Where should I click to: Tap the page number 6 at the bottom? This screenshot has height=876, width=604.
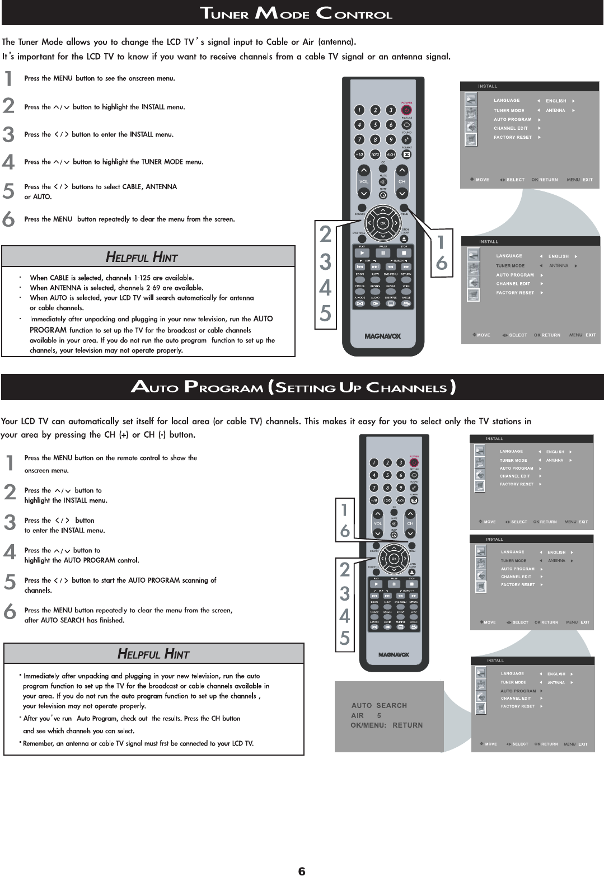tap(302, 871)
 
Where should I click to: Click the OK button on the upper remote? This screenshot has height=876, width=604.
tap(383, 223)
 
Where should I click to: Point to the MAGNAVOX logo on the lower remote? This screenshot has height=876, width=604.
tap(394, 654)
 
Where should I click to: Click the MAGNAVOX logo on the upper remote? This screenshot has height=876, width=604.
tap(383, 336)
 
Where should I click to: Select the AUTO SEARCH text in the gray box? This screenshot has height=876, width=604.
tap(379, 705)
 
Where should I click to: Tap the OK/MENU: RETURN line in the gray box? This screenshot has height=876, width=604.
tap(386, 725)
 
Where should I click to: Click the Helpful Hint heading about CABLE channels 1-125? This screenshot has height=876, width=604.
tap(142, 257)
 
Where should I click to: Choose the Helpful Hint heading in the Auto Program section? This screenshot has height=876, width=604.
tap(153, 654)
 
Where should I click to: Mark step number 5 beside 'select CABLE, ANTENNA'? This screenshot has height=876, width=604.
tap(8, 191)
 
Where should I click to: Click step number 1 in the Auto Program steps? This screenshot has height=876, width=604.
tap(10, 463)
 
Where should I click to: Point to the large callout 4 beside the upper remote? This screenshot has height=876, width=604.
tap(325, 288)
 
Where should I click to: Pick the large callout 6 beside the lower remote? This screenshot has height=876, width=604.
tap(345, 530)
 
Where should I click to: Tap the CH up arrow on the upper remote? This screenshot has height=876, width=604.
tap(402, 171)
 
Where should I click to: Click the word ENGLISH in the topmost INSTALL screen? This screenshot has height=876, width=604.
tap(556, 101)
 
